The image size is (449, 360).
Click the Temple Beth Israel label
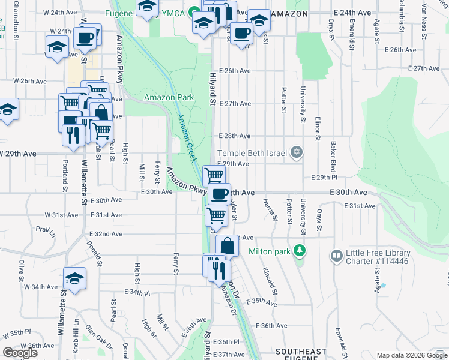click(x=253, y=153)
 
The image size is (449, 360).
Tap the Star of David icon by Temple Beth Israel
click(x=295, y=152)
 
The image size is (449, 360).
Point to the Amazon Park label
click(x=169, y=97)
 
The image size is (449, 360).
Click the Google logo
click(x=20, y=352)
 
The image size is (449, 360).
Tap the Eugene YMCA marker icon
click(x=194, y=13)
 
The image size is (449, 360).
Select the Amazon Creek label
click(x=186, y=137)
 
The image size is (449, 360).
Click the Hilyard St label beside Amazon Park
click(x=212, y=89)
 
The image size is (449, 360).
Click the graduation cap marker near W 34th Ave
click(x=75, y=278)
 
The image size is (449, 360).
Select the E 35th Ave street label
click(x=262, y=302)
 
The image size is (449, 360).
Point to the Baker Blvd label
click(x=332, y=155)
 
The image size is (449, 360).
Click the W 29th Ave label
click(x=18, y=154)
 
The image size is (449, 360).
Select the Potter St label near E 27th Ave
click(x=283, y=100)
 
